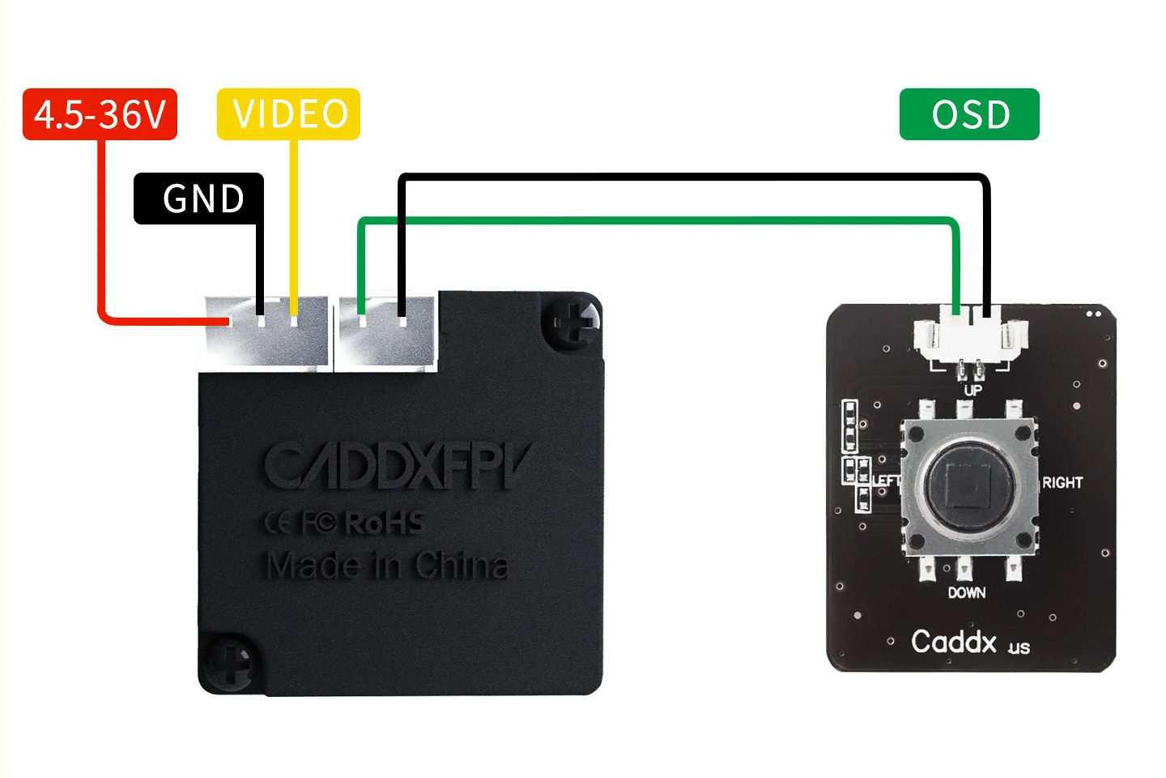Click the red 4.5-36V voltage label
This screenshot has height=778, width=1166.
point(100,114)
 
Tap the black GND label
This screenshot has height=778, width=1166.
point(199,199)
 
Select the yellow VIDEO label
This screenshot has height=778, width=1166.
point(288,114)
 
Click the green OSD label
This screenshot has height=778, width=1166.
point(969,114)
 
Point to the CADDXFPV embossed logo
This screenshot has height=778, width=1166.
point(398,465)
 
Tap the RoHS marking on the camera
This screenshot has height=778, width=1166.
point(385,523)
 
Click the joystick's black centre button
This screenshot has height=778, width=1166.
point(970,485)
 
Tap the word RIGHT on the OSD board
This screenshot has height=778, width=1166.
point(1062,483)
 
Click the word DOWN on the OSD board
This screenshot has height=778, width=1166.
point(967,592)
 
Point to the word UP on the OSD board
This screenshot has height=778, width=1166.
point(972,390)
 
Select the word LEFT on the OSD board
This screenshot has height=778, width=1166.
point(886,480)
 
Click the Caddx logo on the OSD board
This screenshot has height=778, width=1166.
point(970,642)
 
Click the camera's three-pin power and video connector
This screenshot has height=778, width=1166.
point(266,331)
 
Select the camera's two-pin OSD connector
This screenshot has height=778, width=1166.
point(386,332)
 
